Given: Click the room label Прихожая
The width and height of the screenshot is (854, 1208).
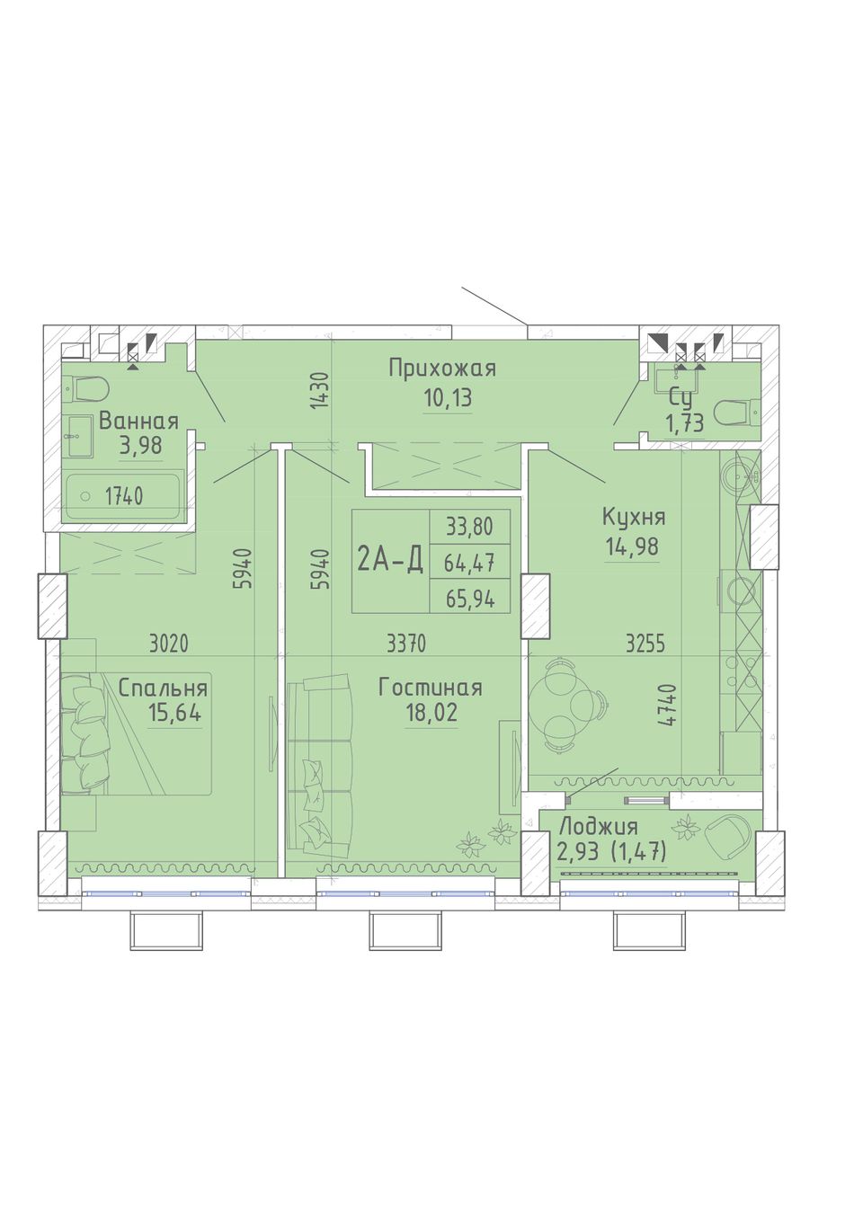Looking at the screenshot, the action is point(442,369).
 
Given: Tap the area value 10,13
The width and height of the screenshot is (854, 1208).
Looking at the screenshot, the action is point(448,398).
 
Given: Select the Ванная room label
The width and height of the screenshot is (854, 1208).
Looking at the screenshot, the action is point(138,421).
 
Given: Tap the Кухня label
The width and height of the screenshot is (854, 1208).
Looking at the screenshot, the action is point(634,518).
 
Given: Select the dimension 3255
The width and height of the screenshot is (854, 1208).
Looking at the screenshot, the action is point(645,644).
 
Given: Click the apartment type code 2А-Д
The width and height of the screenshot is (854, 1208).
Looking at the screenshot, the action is point(390,561).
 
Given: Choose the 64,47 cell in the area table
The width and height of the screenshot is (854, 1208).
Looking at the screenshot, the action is point(469,564).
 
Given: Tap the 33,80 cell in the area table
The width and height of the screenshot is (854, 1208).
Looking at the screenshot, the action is point(469,527).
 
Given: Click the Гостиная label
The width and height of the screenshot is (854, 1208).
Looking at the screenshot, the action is point(431,688).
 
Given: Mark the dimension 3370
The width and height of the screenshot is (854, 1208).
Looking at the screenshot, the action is point(406,644).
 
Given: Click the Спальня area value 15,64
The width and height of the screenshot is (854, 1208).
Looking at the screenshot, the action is point(174,713).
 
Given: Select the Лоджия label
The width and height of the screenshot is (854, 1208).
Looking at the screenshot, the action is point(599,827).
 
